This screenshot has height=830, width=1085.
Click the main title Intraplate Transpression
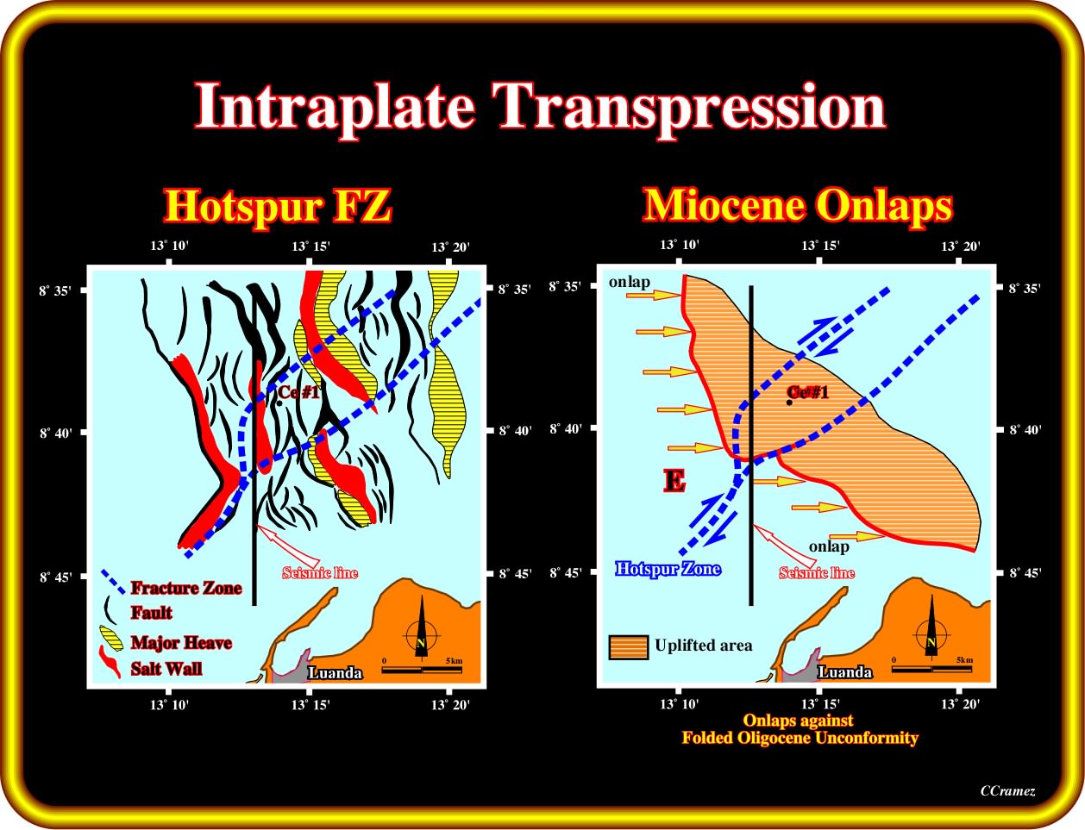[x=540, y=107]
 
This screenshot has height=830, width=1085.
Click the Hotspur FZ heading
[x=278, y=206]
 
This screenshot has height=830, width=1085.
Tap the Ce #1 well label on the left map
[x=298, y=392]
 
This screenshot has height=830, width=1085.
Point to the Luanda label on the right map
[x=845, y=672]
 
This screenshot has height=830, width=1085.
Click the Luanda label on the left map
[x=335, y=672]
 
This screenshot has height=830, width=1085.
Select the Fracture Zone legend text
[x=186, y=588]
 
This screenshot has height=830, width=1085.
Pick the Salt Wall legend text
[x=166, y=668]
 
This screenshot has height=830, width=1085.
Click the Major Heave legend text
[x=181, y=642]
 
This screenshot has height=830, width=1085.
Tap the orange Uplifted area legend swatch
[x=629, y=647]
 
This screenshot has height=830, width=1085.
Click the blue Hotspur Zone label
[x=668, y=568]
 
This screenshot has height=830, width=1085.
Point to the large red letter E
[x=674, y=481]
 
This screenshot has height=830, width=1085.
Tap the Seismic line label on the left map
[x=320, y=572]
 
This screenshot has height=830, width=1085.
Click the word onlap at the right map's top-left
[x=629, y=282]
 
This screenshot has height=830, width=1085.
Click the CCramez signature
[x=1007, y=790]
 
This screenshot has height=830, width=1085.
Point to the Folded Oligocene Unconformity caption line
[x=800, y=737]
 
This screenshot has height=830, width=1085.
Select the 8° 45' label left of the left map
[x=56, y=577]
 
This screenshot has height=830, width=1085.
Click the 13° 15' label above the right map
[x=820, y=246]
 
